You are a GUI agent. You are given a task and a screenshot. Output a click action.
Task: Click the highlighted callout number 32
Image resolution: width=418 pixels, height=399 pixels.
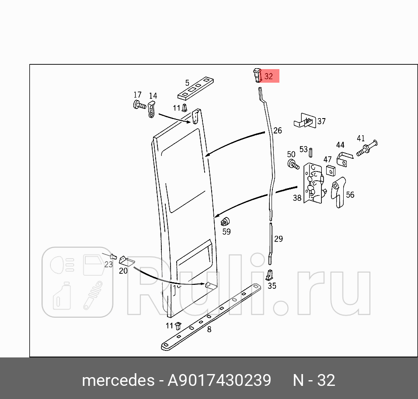(268, 76)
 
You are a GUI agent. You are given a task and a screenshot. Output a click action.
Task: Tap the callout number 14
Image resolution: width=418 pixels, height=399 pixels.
(153, 96)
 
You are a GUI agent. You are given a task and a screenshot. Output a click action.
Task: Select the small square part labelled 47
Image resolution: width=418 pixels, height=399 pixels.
(331, 170)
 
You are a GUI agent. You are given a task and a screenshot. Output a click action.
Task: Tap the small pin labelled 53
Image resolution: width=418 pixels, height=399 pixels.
(310, 153)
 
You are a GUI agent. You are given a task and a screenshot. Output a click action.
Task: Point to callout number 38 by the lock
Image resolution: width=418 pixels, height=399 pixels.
(297, 198)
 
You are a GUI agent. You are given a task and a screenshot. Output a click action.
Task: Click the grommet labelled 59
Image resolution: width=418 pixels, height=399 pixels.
(226, 221)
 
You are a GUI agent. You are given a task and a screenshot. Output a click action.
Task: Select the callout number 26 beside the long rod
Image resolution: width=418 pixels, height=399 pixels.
(278, 130)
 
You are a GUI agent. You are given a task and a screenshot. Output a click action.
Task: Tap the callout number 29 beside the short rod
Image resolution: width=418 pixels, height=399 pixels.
(279, 239)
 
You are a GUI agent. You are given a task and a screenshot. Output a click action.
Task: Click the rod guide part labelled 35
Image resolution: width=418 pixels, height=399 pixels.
(269, 274)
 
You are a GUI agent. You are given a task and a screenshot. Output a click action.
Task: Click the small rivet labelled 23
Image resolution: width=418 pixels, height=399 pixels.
(112, 256)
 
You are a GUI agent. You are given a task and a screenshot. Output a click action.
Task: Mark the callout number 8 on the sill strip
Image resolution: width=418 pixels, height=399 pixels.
(209, 329)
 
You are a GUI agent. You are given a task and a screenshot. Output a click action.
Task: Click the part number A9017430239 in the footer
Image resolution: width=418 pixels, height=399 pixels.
(219, 380)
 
